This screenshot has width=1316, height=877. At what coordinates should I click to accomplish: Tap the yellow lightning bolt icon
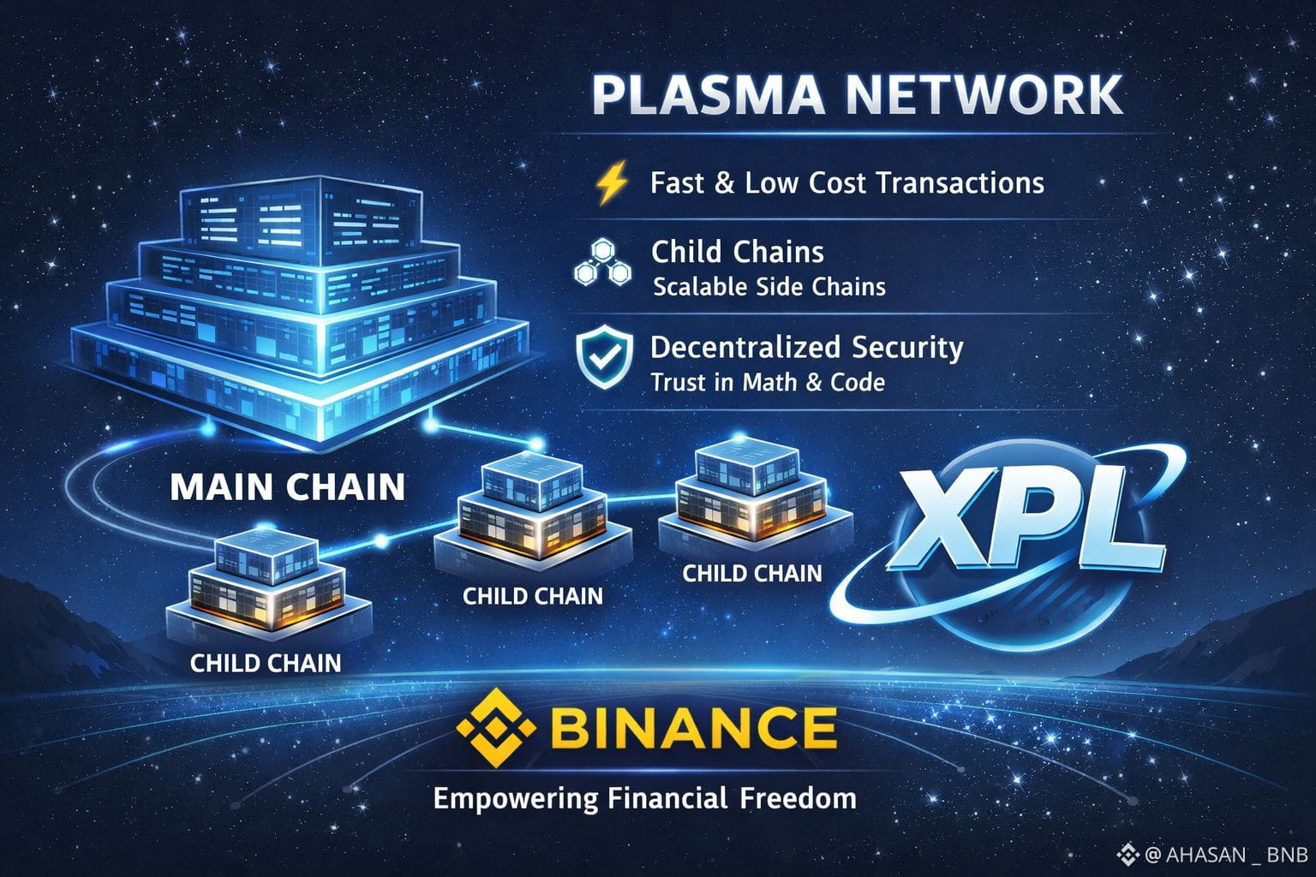click(611, 183)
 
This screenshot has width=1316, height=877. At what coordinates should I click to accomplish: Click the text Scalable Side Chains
click(769, 286)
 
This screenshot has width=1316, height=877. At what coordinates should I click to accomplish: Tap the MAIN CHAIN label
click(287, 486)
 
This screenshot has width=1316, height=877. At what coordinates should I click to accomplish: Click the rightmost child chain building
click(754, 497)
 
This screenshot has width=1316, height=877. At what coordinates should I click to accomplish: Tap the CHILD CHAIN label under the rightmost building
click(751, 573)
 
